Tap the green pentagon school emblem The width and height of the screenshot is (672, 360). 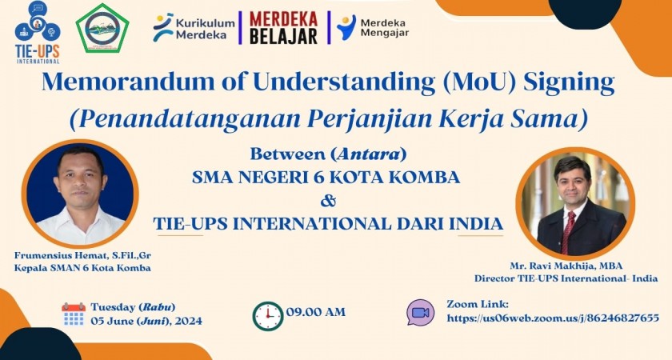[x=102, y=29]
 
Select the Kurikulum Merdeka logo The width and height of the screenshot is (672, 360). [x=194, y=28]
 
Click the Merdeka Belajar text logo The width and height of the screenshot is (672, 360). [x=283, y=28]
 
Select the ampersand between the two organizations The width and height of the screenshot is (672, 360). [x=328, y=200]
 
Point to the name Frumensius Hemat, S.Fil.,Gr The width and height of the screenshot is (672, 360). [x=82, y=254]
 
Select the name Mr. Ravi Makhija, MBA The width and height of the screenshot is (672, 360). [x=566, y=266]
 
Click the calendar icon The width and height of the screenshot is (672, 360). [x=74, y=314]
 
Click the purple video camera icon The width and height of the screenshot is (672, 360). [x=421, y=312]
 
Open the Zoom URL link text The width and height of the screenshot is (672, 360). [x=553, y=318]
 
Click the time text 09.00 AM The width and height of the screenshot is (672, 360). [x=315, y=311]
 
